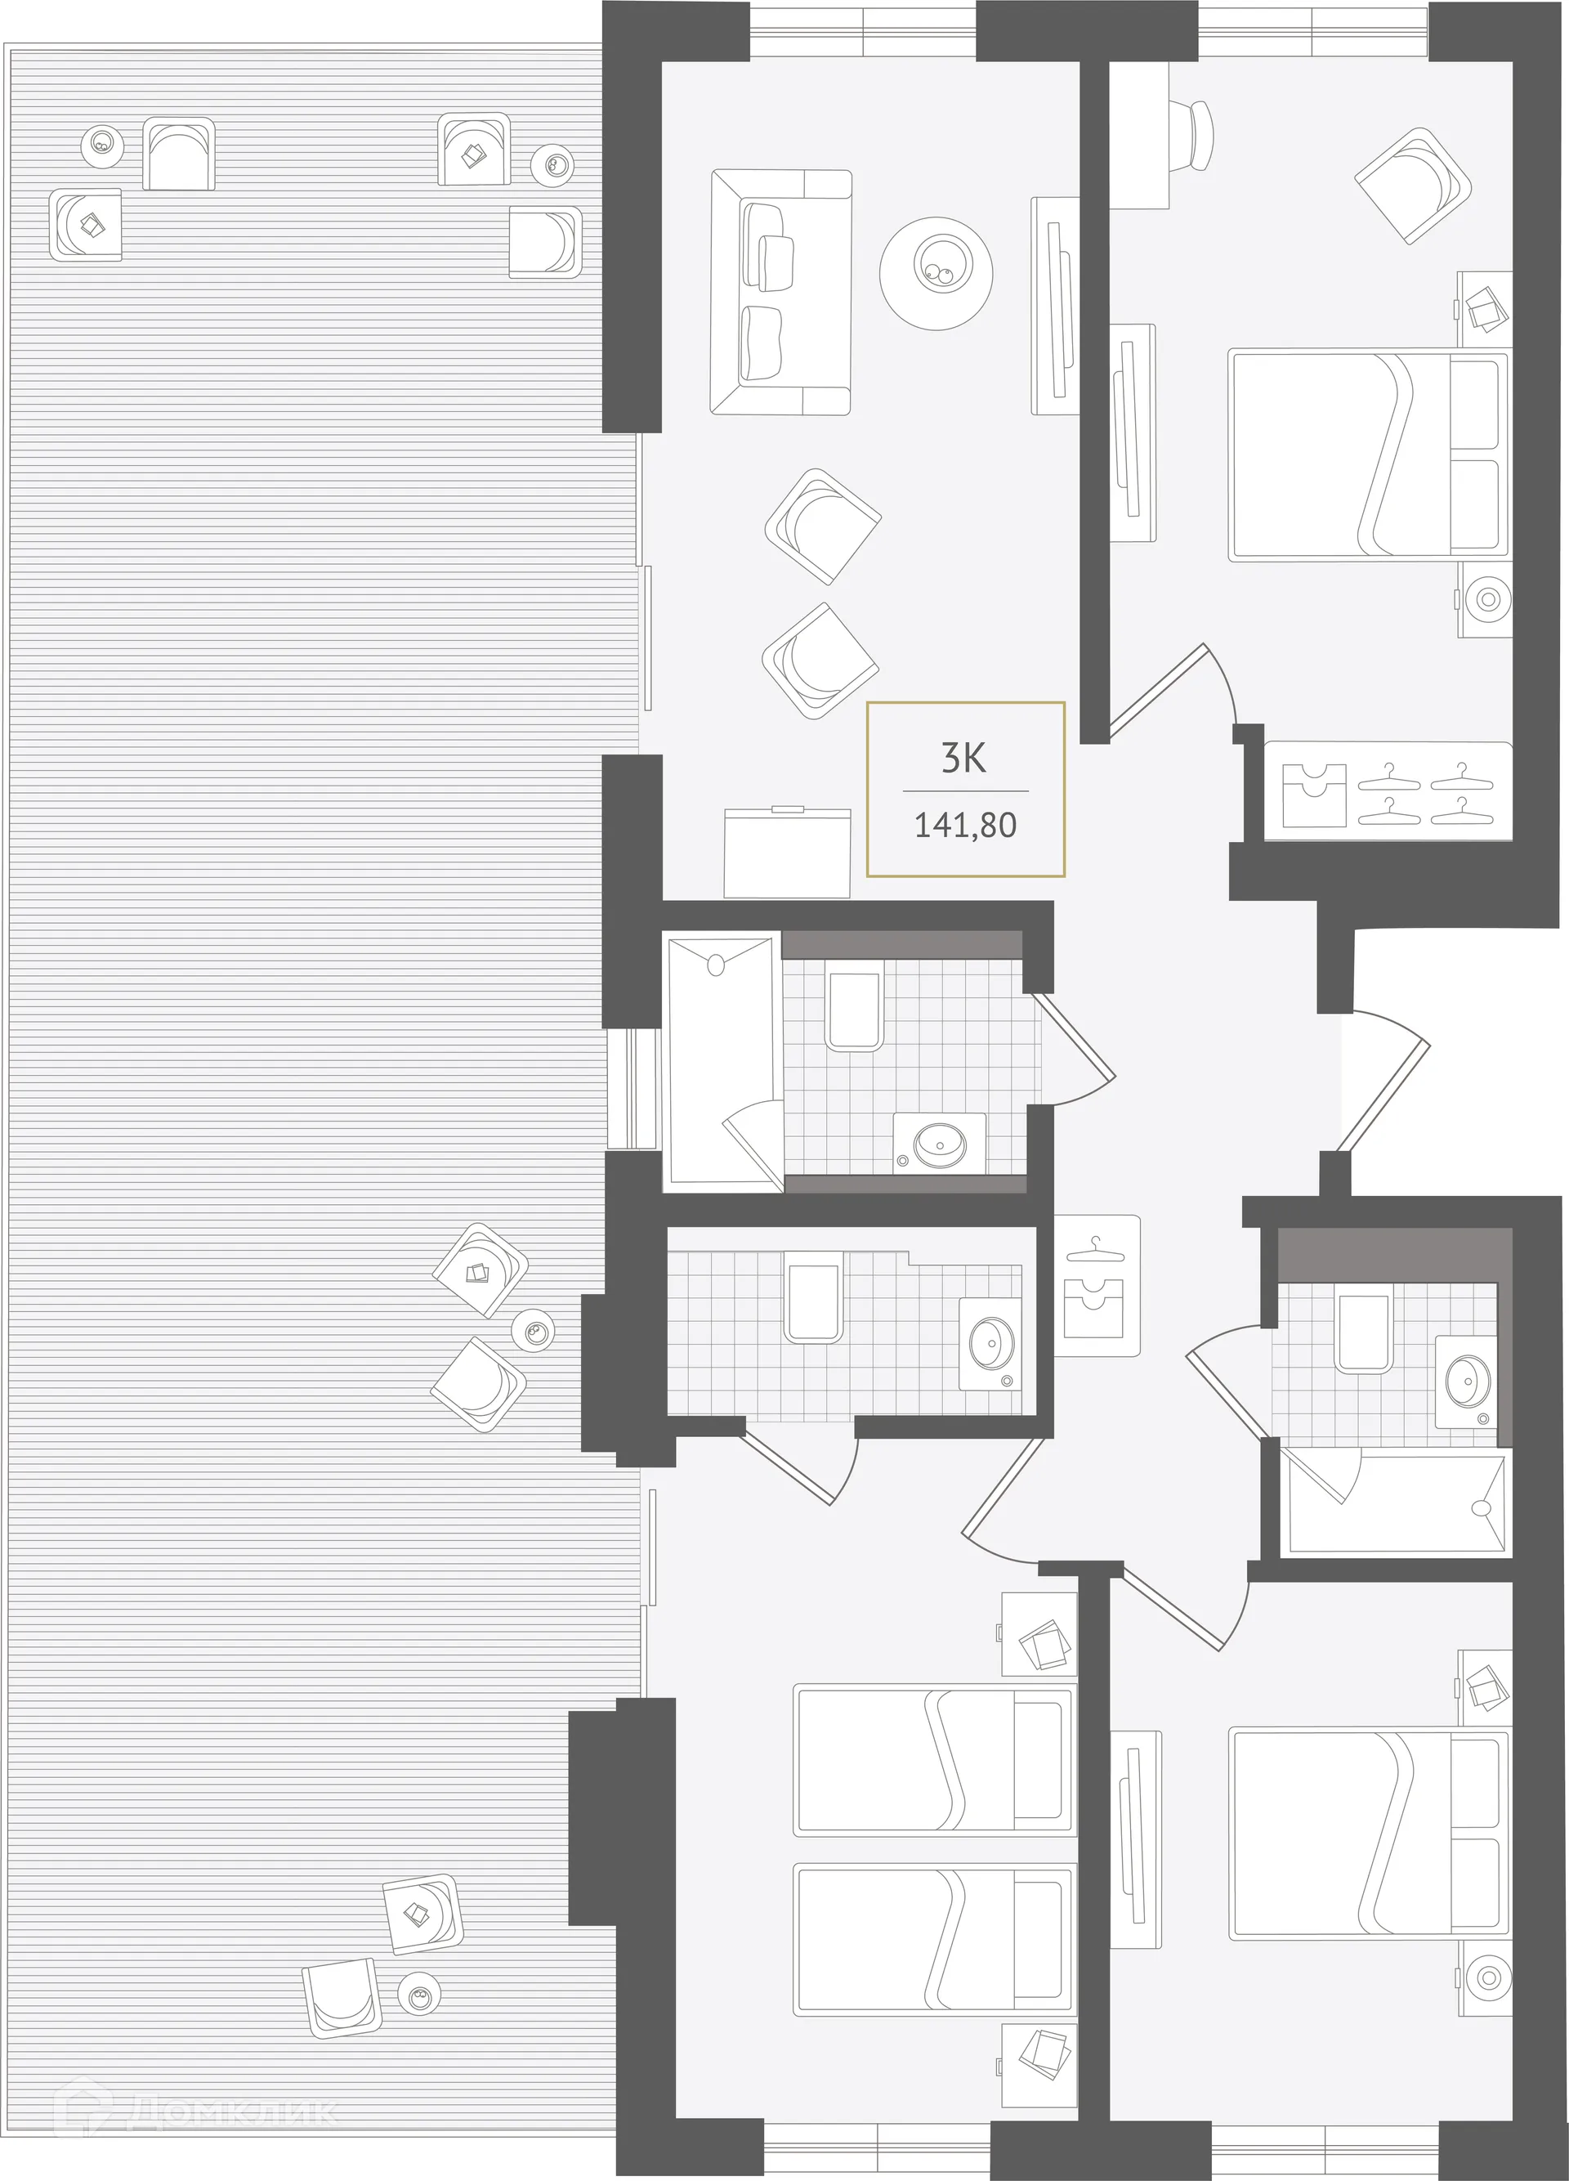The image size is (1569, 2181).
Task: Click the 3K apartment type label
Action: coord(963,759)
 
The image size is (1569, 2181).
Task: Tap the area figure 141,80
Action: coord(964,825)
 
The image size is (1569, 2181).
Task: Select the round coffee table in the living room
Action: coord(936,271)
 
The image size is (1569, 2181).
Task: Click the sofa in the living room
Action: coord(780,293)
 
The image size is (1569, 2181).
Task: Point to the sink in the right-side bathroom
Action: coord(1465,1380)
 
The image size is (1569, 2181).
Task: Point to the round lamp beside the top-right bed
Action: coord(1486,599)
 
